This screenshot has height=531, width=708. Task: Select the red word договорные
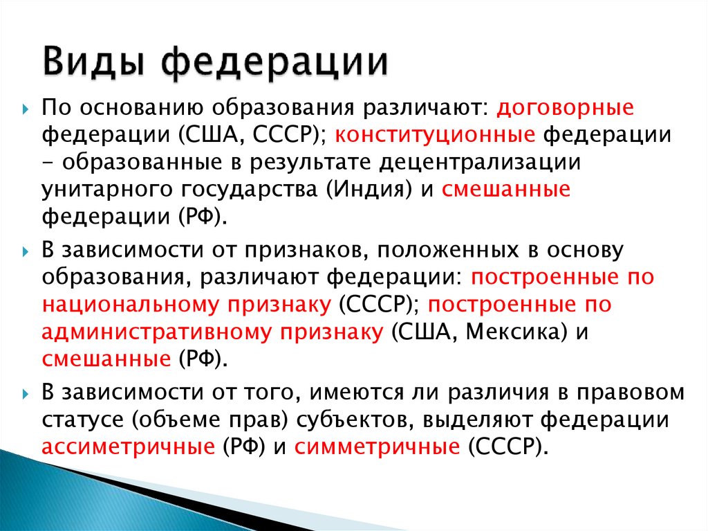[566, 108]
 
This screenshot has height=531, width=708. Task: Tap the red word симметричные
[377, 447]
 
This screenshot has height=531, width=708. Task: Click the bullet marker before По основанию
[26, 109]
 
